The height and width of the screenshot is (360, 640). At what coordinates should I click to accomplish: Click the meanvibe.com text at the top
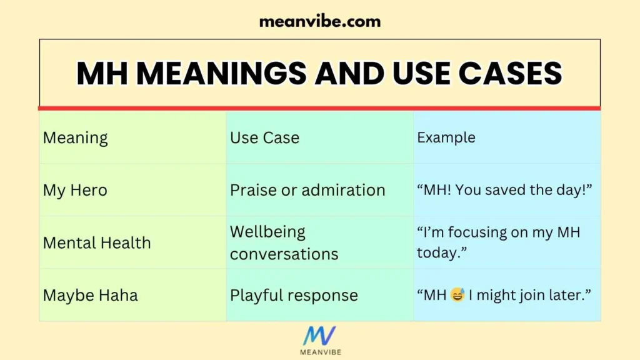319,21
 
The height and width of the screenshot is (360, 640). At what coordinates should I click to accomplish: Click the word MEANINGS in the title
222,74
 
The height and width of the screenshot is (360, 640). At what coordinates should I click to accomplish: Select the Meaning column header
75,137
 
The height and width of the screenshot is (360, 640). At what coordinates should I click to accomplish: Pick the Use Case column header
264,137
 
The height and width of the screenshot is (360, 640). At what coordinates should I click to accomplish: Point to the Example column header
446,137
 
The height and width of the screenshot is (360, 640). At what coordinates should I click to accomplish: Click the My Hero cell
75,190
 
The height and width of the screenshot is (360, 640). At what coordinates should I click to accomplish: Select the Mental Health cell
97,242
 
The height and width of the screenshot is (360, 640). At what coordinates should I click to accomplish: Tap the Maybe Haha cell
90,295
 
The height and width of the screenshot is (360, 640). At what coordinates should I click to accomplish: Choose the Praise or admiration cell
307,190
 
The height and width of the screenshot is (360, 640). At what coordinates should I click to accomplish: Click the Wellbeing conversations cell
284,242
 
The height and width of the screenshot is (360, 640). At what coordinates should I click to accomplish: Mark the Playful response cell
294,295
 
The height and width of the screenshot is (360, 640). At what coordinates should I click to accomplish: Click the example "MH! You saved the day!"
504,190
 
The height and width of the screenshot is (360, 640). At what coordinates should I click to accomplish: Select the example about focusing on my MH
498,242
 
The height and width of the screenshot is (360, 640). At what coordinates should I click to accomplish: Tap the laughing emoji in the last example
457,295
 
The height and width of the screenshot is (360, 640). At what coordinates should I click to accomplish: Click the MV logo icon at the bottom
319,336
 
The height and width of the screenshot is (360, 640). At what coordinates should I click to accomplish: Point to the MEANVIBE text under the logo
319,352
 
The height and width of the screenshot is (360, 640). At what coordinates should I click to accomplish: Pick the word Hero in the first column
87,190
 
